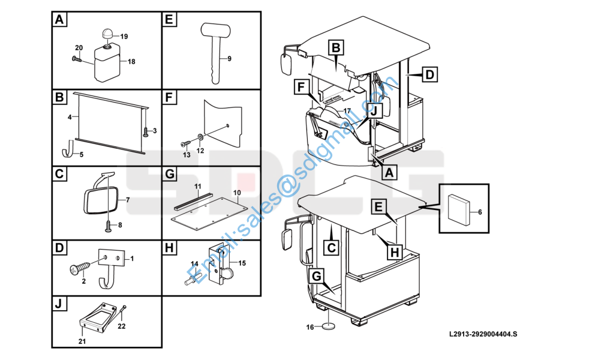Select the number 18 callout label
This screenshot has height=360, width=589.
[x=131, y=62]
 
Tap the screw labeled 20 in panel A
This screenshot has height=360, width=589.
[x=77, y=59]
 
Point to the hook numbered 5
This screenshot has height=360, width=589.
[x=68, y=149]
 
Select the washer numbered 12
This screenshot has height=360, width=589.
[x=201, y=137]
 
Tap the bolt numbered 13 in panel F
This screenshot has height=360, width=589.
[x=186, y=144]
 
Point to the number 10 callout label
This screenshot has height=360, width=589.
[x=237, y=193]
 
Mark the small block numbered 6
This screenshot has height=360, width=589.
[x=459, y=209]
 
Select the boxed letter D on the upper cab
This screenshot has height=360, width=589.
[x=429, y=74]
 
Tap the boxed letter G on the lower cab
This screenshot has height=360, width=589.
[x=317, y=277]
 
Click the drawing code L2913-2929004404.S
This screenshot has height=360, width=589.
[x=483, y=334]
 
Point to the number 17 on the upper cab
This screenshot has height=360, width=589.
[x=347, y=111]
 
